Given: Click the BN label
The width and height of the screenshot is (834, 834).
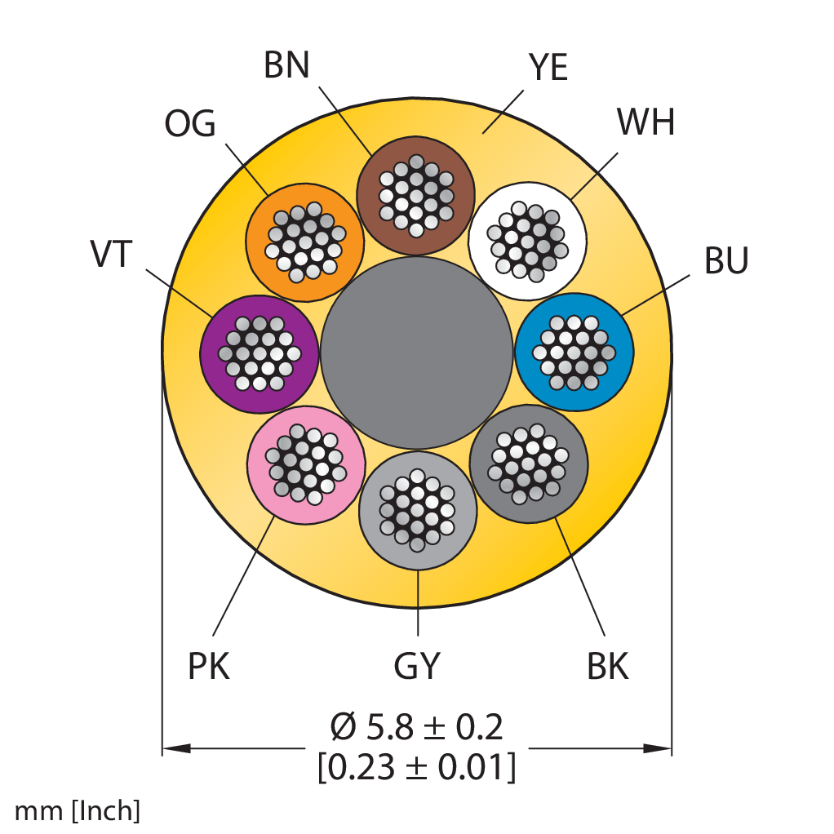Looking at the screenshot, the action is point(286,65).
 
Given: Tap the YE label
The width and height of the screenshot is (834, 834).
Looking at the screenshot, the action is point(548,68).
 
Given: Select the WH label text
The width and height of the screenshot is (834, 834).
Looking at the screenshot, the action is point(645,122).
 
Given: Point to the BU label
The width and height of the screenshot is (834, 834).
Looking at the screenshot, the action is point(726,260).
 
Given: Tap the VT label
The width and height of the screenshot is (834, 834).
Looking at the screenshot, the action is point(111,254).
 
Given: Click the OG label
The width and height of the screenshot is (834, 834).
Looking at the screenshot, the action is point(190,123).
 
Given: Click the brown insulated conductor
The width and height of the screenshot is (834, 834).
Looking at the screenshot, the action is point(416,196).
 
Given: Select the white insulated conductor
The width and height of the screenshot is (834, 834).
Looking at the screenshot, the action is point(528,241).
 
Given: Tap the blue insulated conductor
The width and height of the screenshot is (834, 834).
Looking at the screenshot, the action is point(574,352).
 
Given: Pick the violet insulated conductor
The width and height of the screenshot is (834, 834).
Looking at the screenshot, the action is point(260,353).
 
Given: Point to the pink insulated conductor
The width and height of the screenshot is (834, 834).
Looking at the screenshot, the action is point(306,464).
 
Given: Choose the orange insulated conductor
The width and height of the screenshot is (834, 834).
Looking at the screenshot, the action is point(304,242).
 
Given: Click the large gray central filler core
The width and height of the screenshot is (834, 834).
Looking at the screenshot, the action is point(416,353).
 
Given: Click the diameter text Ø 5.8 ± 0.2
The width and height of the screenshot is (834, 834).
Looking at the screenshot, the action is point(416,727).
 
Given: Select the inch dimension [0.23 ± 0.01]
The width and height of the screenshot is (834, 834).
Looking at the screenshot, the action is point(416,767).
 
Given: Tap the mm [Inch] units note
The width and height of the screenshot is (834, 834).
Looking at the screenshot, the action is point(78,810).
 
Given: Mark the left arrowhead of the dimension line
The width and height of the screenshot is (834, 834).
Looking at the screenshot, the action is point(176,748).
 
